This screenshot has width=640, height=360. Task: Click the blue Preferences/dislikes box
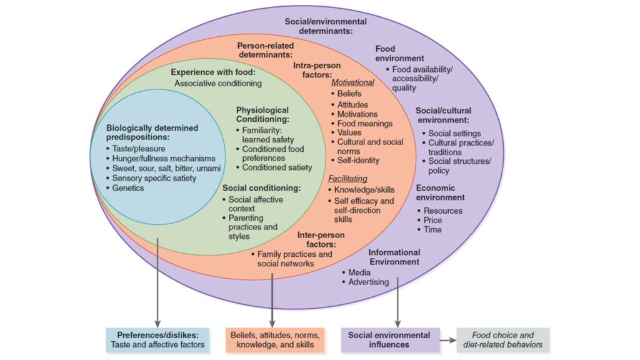(157, 339)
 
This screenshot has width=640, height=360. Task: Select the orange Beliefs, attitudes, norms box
(274, 339)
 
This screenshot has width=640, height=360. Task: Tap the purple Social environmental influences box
(389, 339)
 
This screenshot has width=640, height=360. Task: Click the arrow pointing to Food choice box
(447, 340)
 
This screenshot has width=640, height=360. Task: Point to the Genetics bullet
(127, 187)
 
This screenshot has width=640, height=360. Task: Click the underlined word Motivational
(352, 82)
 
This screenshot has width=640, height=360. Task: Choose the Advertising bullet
(368, 282)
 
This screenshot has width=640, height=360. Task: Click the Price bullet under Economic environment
(432, 220)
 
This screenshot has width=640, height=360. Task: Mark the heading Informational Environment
(394, 257)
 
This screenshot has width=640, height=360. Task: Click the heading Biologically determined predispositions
(152, 132)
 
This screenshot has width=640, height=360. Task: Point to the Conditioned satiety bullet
(277, 167)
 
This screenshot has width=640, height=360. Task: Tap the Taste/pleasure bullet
(140, 149)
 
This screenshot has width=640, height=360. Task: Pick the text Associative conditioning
(218, 83)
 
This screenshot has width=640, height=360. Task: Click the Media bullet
(359, 272)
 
